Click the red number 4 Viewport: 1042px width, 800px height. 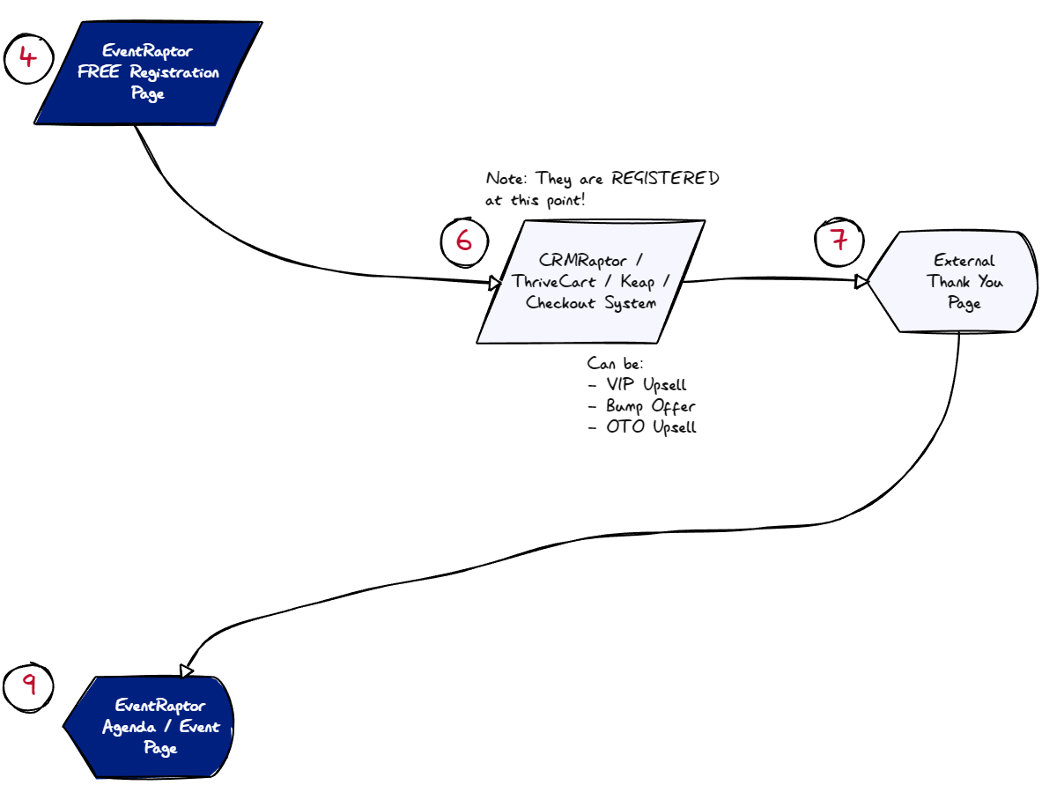[28, 57]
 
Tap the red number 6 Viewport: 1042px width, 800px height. [464, 240]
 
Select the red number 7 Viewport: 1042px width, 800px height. [839, 239]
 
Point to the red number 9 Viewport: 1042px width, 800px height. [29, 684]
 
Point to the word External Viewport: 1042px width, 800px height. [964, 261]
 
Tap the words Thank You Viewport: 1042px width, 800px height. [964, 282]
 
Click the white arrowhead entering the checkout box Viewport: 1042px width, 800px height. [496, 283]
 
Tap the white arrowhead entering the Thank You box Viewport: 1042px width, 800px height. [861, 281]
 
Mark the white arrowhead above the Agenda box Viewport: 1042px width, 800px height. [186, 670]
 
